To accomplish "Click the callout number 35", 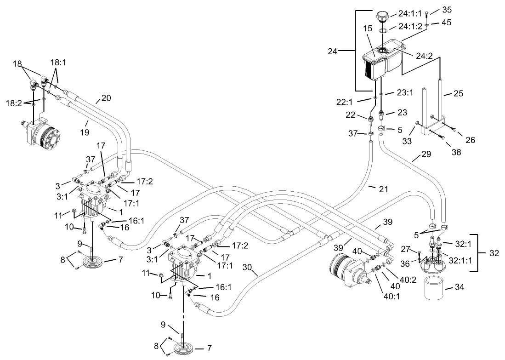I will tap(447, 9).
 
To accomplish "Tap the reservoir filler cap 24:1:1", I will tap(382, 17).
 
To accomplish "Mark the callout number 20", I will tap(106, 98).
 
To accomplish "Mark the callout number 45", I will tap(447, 22).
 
